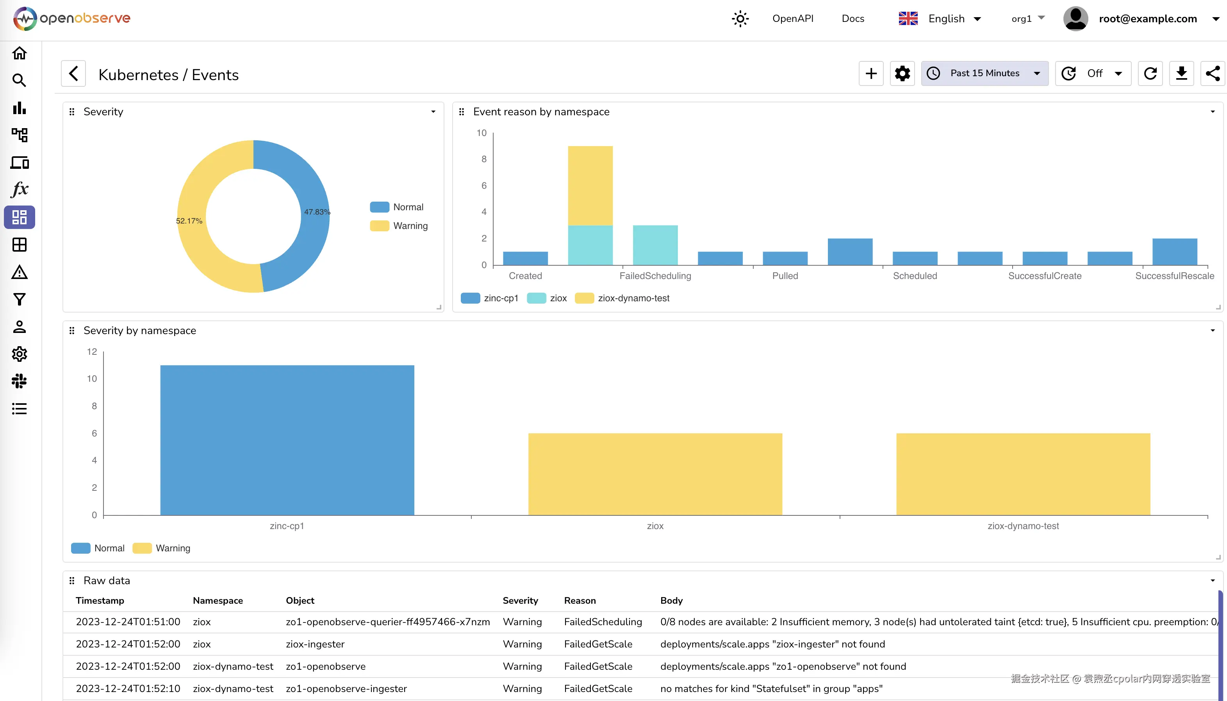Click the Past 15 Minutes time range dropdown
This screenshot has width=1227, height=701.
tap(984, 73)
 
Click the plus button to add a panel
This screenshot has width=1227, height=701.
tap(871, 74)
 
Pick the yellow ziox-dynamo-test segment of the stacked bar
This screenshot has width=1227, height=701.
tap(590, 185)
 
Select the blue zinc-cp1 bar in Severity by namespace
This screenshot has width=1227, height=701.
tap(287, 440)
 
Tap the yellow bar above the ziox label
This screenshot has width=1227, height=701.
tap(655, 474)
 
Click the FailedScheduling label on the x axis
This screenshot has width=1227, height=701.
tap(655, 276)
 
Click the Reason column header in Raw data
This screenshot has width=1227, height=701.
tap(580, 600)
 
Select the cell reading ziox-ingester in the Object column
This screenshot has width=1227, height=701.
tap(315, 644)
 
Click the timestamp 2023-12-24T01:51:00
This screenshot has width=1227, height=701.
tap(128, 622)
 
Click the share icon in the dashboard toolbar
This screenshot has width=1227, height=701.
tap(1212, 74)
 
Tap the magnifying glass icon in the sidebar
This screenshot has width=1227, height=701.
tap(19, 80)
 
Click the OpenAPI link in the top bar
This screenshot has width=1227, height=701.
tap(792, 19)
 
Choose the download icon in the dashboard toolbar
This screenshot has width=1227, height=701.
tap(1181, 74)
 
